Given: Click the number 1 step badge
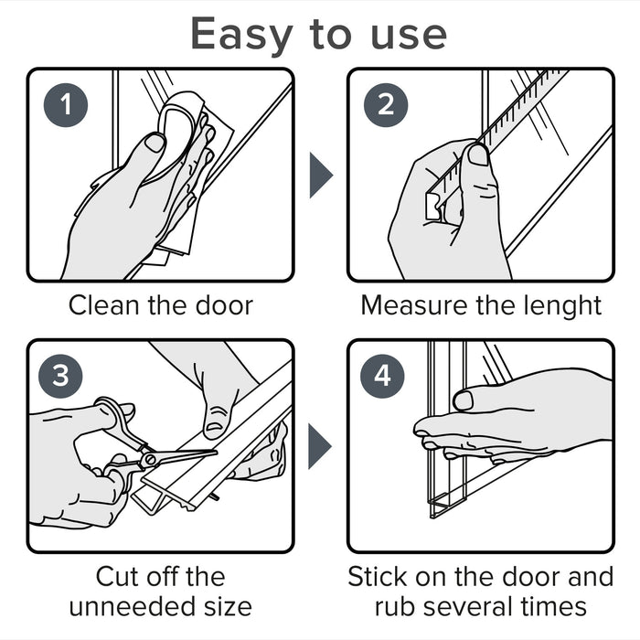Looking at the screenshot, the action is pyautogui.click(x=66, y=105).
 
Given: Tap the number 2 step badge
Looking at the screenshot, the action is pyautogui.click(x=386, y=105).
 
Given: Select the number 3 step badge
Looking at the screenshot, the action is pyautogui.click(x=60, y=376).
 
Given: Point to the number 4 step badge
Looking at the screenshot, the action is pyautogui.click(x=382, y=376).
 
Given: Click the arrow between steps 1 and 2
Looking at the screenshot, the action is pyautogui.click(x=321, y=176).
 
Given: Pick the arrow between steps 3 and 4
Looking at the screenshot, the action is pyautogui.click(x=320, y=446).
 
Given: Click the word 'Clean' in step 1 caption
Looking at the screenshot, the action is pyautogui.click(x=104, y=305).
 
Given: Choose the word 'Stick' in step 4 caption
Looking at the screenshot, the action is pyautogui.click(x=379, y=576).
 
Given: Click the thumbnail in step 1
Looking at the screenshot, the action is pyautogui.click(x=155, y=143).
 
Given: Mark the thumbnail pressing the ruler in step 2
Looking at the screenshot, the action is pyautogui.click(x=477, y=155).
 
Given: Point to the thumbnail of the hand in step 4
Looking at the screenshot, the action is pyautogui.click(x=464, y=400).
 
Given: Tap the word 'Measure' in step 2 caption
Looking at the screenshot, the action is pyautogui.click(x=414, y=305).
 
